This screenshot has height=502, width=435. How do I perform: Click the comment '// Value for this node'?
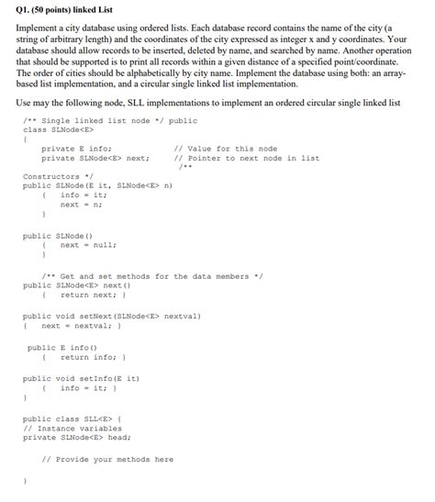tap(225, 148)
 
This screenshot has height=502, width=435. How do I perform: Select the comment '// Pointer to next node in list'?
tap(246, 157)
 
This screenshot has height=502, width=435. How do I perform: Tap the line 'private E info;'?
tap(76, 148)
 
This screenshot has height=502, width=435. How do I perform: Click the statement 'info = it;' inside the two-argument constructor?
tap(84, 195)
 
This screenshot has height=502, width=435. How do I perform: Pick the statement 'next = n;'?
tap(81, 204)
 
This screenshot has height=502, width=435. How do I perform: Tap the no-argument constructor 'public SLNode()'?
tap(58, 236)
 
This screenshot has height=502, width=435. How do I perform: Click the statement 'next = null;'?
tap(88, 245)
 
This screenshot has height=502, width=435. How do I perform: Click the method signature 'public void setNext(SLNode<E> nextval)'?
tap(112, 316)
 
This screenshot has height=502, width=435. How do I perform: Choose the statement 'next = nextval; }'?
tap(81, 326)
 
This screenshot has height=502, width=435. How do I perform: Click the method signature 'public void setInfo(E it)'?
tap(82, 378)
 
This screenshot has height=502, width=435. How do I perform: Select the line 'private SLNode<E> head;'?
tap(79, 437)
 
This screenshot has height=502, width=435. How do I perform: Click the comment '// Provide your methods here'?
tap(107, 459)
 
